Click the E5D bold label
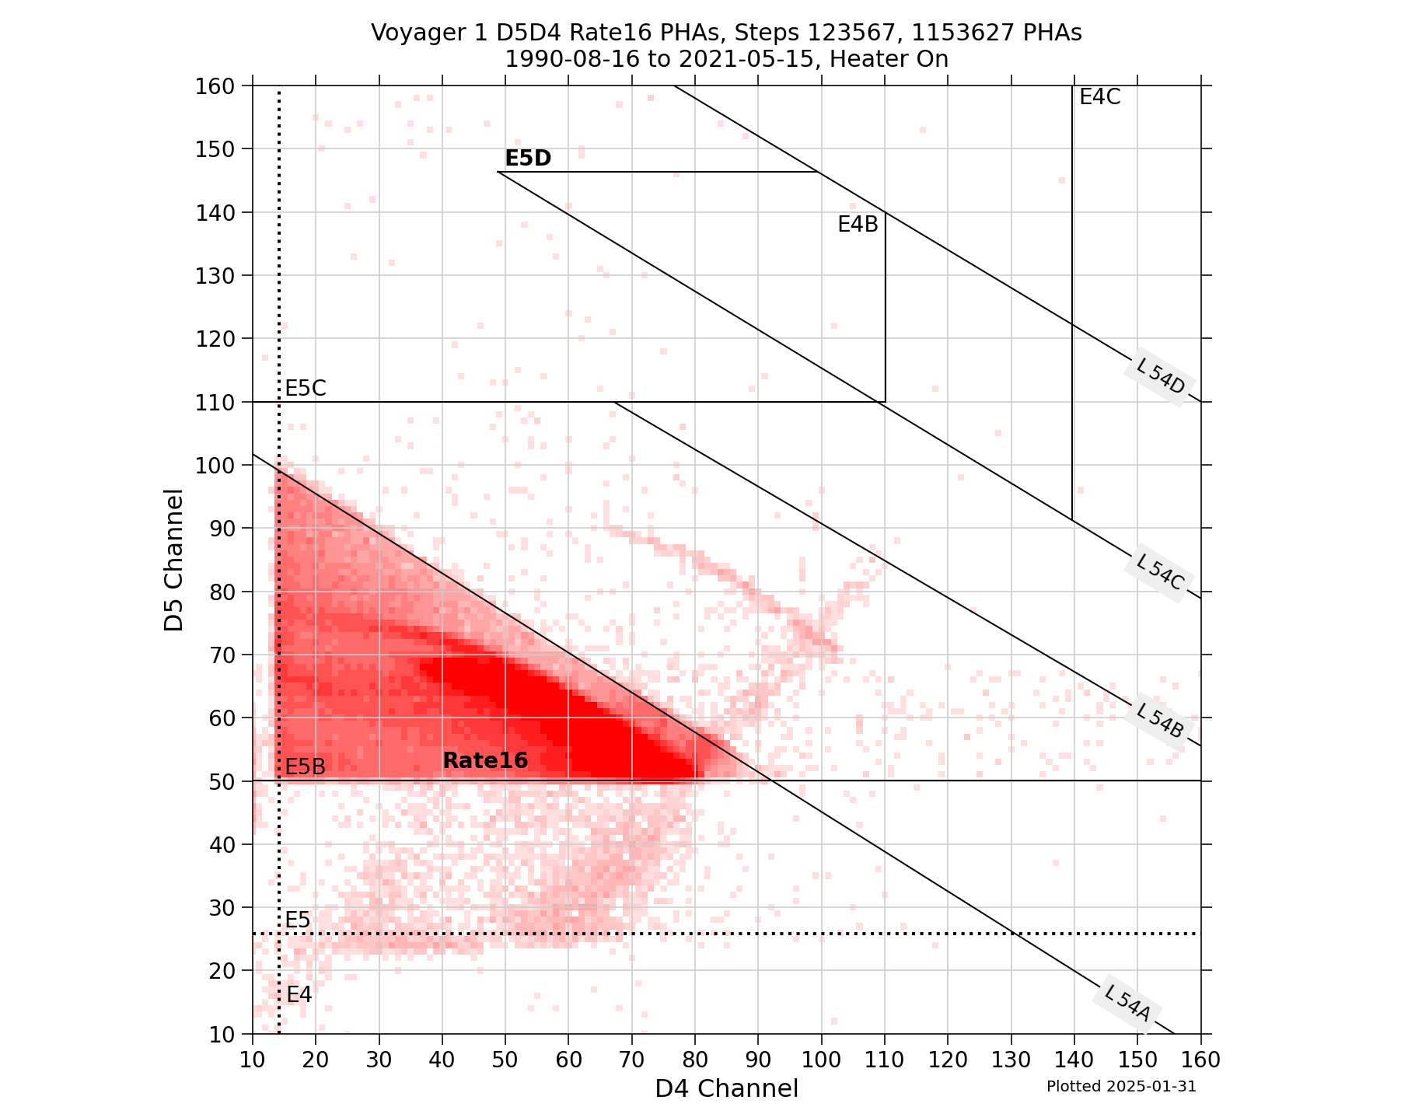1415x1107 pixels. [528, 159]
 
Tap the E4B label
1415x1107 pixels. [858, 225]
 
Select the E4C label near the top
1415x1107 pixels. [1099, 97]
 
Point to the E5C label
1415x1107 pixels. [305, 389]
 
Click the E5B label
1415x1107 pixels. [305, 767]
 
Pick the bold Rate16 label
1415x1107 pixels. [485, 761]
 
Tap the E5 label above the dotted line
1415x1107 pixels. [297, 920]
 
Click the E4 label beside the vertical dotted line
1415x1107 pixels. [299, 994]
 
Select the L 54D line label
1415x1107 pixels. [1160, 380]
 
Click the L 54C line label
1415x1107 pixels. [1159, 575]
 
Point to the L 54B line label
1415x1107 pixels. [1159, 721]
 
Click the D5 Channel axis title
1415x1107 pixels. [174, 560]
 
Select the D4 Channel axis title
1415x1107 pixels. [726, 1088]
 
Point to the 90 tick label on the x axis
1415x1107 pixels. [758, 1059]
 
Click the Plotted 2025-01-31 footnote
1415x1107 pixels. [1120, 1087]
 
